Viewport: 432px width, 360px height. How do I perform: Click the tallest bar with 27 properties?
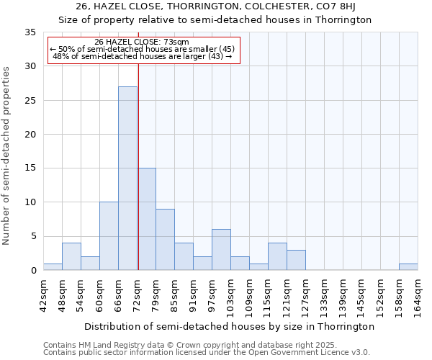[127, 179]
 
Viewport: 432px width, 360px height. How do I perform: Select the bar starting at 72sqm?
[146, 219]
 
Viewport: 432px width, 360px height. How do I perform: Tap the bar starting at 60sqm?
[109, 236]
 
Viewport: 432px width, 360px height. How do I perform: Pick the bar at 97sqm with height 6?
[221, 250]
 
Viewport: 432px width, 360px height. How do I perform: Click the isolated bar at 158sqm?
[408, 266]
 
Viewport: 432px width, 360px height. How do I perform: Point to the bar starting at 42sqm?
[53, 266]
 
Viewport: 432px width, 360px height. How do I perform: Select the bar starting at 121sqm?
[296, 260]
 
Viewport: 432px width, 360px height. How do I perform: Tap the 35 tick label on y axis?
[30, 32]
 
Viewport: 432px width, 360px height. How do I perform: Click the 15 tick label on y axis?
[30, 168]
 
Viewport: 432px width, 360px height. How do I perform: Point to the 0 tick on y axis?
[33, 271]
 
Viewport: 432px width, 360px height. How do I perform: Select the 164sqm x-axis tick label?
[418, 296]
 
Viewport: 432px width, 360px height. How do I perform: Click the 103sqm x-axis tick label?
[231, 296]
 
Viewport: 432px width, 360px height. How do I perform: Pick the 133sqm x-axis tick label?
[325, 296]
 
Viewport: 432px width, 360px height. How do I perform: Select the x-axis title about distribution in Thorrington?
[229, 326]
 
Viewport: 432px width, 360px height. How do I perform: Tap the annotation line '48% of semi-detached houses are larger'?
[142, 56]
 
